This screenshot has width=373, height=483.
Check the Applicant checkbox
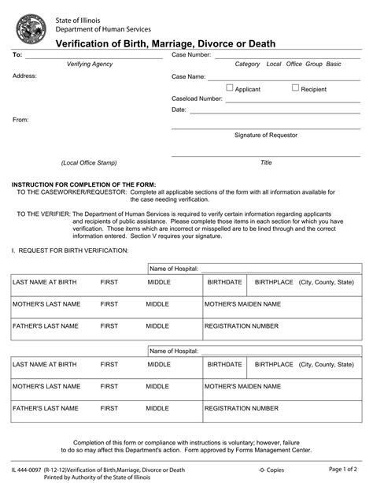click(x=230, y=88)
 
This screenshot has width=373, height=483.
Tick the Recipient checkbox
click(x=296, y=88)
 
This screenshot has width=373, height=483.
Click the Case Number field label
click(x=191, y=55)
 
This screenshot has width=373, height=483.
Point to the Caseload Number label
click(x=198, y=99)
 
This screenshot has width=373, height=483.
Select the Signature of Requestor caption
click(x=266, y=135)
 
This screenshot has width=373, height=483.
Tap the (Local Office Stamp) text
click(x=88, y=162)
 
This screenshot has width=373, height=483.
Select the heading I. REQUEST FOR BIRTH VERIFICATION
click(x=70, y=249)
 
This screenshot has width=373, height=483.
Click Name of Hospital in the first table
click(x=174, y=269)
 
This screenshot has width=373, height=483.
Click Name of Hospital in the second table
click(x=174, y=351)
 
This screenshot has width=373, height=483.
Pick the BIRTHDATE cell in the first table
click(x=224, y=281)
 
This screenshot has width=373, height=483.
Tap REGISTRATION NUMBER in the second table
click(x=242, y=408)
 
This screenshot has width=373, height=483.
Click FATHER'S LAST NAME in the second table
click(x=45, y=408)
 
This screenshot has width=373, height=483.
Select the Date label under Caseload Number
click(x=179, y=110)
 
